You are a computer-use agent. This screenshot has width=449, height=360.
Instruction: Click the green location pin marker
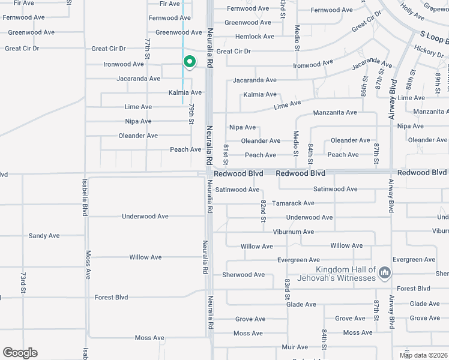pyautogui.click(x=189, y=62)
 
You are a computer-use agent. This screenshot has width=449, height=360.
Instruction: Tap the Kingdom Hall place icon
pyautogui.click(x=385, y=274)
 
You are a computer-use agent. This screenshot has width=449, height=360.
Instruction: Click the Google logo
pyautogui.click(x=20, y=353)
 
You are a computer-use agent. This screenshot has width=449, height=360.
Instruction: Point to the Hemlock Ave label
pyautogui.click(x=255, y=37)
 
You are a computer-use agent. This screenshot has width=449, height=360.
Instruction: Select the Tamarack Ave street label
pyautogui.click(x=293, y=203)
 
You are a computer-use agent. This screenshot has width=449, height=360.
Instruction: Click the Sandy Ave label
pyautogui.click(x=44, y=236)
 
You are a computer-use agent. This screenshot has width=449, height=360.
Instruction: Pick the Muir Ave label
pyautogui.click(x=295, y=347)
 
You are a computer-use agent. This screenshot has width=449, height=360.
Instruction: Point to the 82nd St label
pyautogui.click(x=263, y=210)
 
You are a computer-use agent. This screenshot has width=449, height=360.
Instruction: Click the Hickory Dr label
pyautogui.click(x=428, y=55)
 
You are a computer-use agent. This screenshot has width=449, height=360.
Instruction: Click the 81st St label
pyautogui.click(x=226, y=154)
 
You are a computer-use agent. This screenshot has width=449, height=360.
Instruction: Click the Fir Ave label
pyautogui.click(x=169, y=4)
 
